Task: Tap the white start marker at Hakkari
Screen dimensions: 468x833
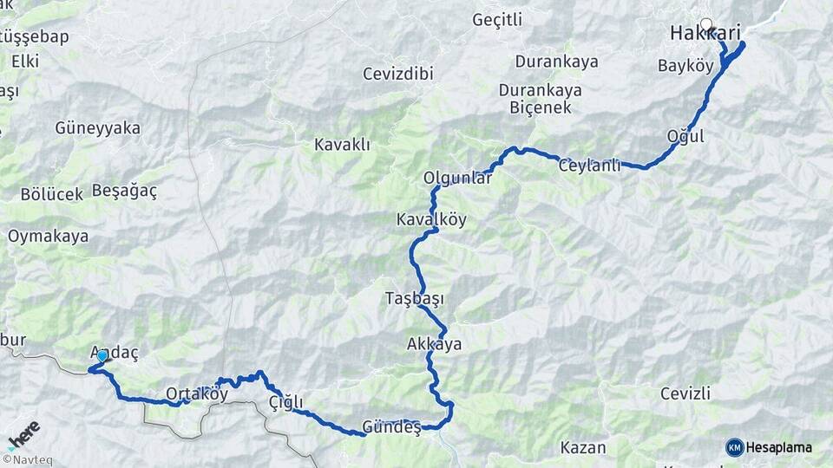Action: (x=706, y=25)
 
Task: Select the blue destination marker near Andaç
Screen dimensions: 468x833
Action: (x=102, y=355)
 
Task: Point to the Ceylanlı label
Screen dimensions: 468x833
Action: (x=590, y=166)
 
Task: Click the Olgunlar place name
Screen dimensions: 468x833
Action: (x=457, y=178)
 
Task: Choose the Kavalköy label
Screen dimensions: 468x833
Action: (x=431, y=219)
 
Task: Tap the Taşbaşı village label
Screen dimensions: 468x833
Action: (x=414, y=299)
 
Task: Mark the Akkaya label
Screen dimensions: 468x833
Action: (x=434, y=344)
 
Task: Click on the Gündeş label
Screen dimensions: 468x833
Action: (x=391, y=427)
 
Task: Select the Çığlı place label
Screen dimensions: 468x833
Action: (x=285, y=402)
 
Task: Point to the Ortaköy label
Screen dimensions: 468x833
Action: (x=196, y=394)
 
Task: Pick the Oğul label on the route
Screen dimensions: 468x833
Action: (x=685, y=136)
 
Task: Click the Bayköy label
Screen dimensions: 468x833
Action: (x=685, y=66)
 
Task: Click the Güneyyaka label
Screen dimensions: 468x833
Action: (x=97, y=127)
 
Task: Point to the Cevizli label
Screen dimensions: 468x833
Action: (x=685, y=394)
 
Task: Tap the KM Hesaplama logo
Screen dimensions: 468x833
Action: (x=769, y=447)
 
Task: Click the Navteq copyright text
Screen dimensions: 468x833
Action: (x=27, y=459)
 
